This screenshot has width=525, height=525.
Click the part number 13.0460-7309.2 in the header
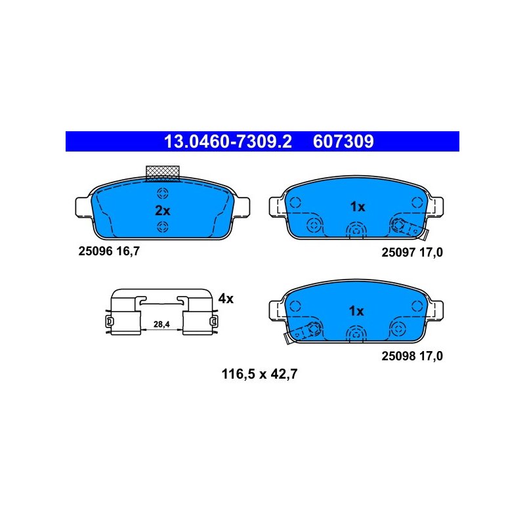[x=228, y=142]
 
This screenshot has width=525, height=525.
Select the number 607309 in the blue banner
[x=343, y=142]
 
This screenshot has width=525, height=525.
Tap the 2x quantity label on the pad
[x=163, y=211]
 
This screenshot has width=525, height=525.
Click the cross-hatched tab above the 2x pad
[x=163, y=173]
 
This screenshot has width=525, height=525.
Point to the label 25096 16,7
[x=109, y=251]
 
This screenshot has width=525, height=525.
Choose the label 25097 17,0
[x=412, y=252]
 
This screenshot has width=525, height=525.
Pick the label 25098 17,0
[x=412, y=356]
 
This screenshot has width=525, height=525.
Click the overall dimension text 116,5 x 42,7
[x=259, y=374]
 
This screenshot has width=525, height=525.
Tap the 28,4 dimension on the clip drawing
[x=161, y=324]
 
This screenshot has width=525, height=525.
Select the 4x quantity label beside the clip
[x=226, y=299]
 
